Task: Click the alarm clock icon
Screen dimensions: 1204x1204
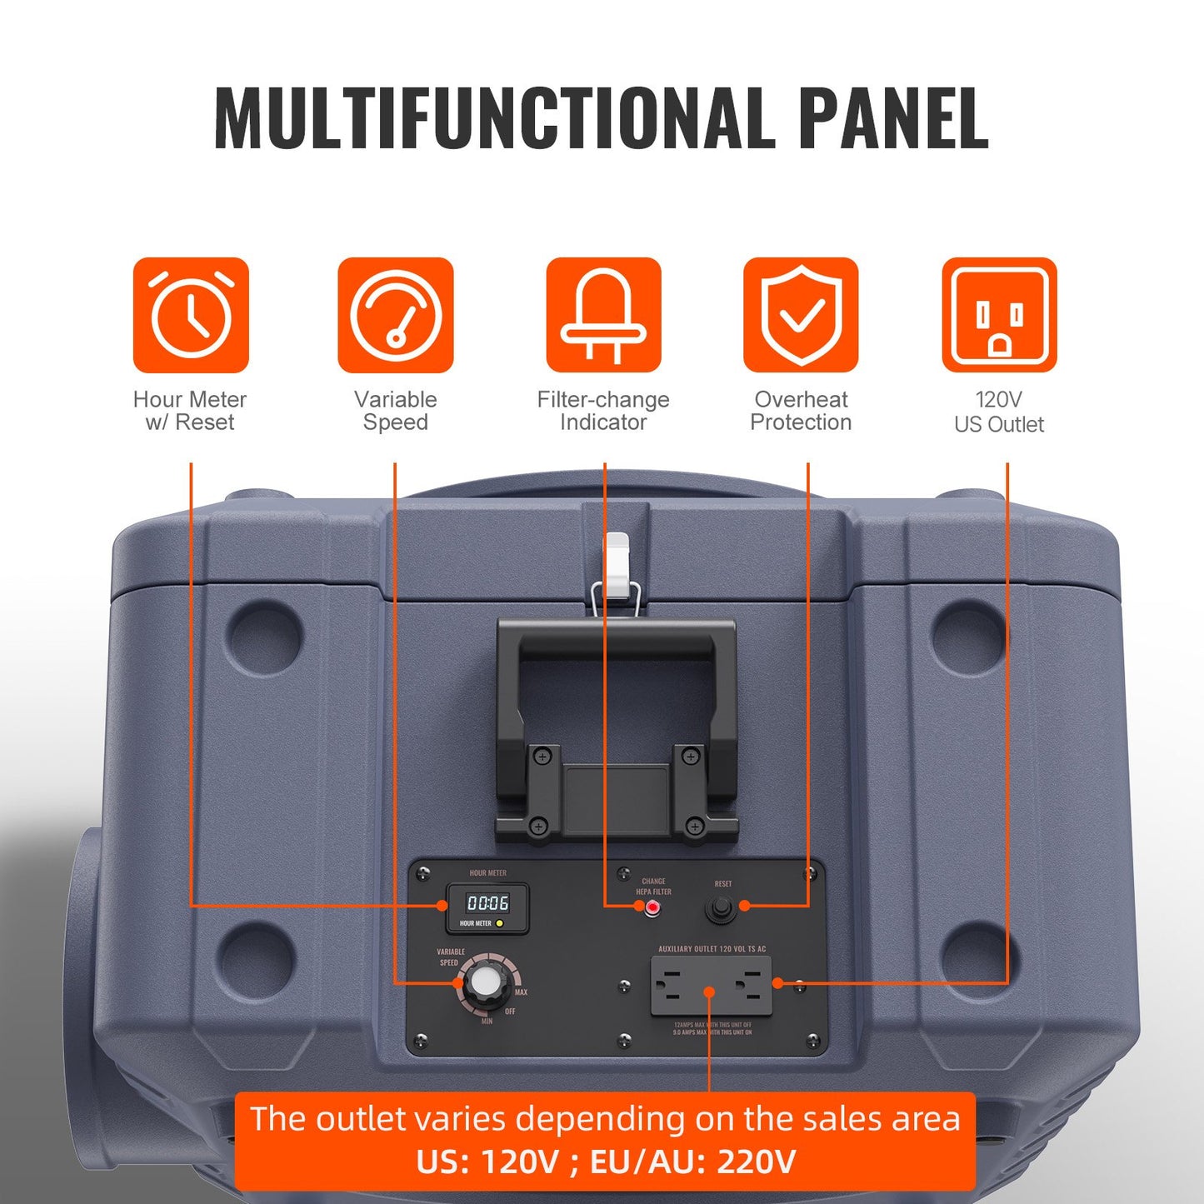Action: [x=191, y=315]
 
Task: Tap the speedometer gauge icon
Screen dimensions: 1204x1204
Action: [x=396, y=315]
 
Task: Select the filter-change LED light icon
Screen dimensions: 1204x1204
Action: [x=603, y=315]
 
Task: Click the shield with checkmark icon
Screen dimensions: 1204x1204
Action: [x=801, y=315]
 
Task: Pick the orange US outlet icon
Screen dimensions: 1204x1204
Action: [x=999, y=315]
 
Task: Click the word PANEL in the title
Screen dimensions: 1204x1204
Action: [x=892, y=117]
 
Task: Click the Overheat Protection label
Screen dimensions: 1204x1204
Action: [x=801, y=411]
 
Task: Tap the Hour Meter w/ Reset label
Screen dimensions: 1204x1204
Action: [x=190, y=411]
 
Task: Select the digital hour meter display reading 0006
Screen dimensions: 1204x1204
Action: [x=487, y=903]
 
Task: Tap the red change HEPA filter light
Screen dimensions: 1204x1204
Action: [x=653, y=907]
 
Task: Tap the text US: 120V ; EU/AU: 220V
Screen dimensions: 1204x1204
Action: [x=606, y=1162]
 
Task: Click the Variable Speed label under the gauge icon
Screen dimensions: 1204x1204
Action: [x=396, y=411]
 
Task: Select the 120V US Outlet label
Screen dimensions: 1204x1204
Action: [x=999, y=412]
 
